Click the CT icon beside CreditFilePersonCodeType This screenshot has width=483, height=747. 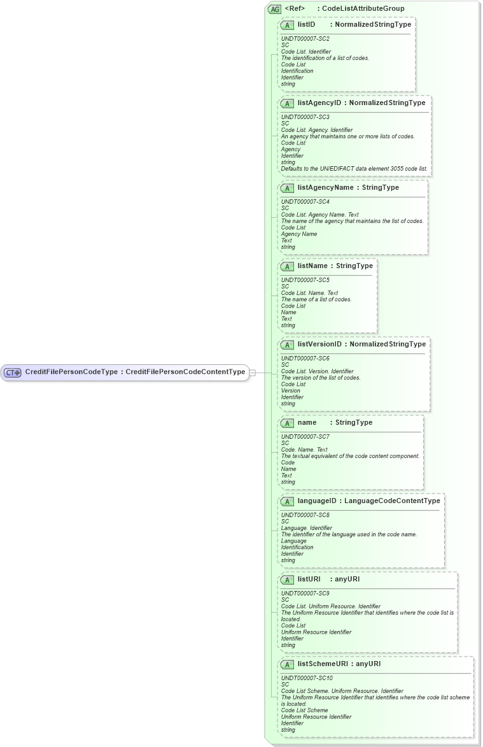[x=13, y=373]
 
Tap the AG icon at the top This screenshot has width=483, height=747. [x=275, y=9]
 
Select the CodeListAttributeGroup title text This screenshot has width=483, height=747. [x=363, y=8]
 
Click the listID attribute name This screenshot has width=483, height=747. [x=306, y=25]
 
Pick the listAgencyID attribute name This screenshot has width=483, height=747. [x=319, y=103]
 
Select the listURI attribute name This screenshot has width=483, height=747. [x=309, y=580]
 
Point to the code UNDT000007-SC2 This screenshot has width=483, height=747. [x=305, y=38]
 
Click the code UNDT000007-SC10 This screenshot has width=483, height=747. [x=307, y=678]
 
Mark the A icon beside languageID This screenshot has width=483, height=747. [x=287, y=502]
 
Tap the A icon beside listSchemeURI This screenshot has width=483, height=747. [x=287, y=665]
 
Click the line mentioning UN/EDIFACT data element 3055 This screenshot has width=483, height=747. [x=354, y=169]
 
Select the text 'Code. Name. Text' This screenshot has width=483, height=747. [x=304, y=450]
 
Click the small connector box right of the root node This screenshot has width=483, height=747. [x=252, y=373]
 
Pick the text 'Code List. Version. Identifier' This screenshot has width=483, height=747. [x=317, y=371]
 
